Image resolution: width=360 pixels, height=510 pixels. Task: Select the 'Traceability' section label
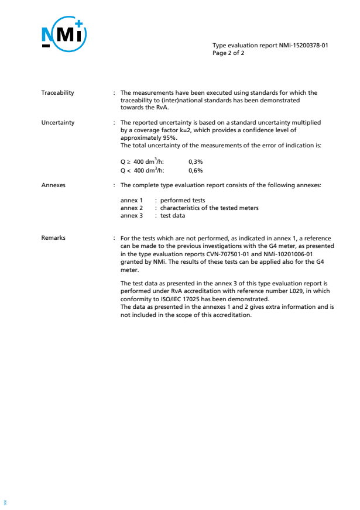click(x=57, y=93)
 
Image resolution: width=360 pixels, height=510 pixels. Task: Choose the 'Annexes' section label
click(x=53, y=185)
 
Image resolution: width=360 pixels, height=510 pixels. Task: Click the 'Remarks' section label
click(x=53, y=238)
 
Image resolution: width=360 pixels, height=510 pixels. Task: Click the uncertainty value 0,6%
click(x=196, y=171)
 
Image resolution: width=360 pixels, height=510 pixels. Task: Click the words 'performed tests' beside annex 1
click(x=183, y=201)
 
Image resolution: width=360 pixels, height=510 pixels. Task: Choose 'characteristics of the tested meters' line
click(x=209, y=208)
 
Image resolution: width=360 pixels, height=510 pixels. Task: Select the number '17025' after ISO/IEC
click(x=193, y=299)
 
